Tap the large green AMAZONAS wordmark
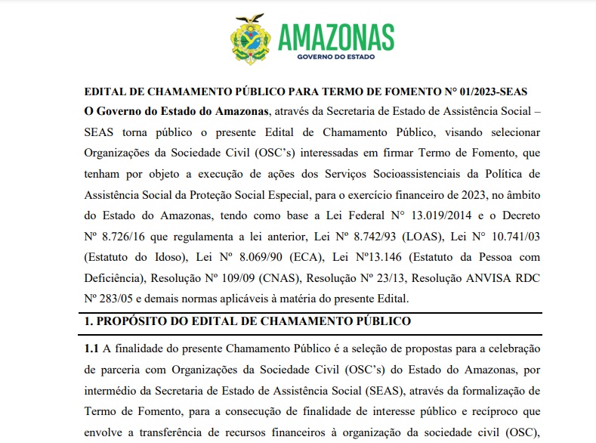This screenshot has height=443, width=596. pyautogui.click(x=336, y=36)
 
